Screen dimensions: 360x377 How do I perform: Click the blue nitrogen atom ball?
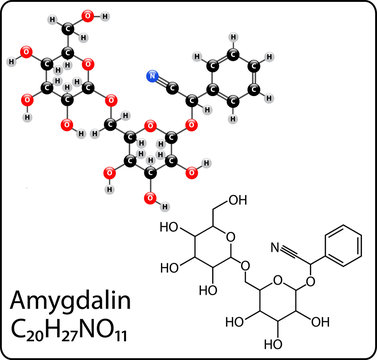point(152,75)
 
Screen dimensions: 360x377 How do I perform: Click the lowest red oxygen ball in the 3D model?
point(150,199)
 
